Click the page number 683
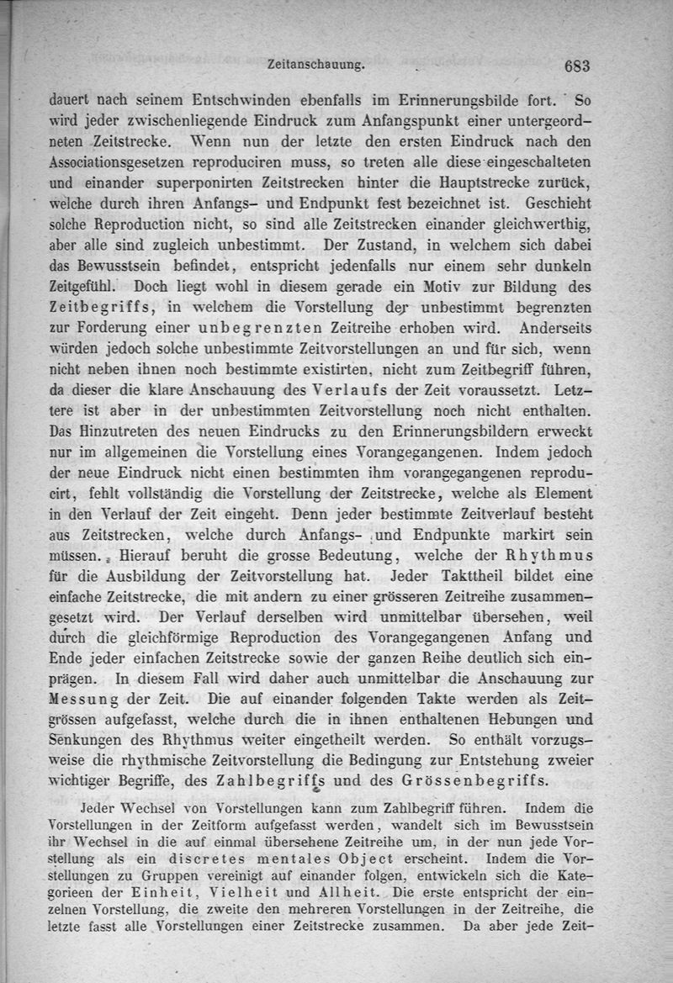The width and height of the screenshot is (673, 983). point(579,66)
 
